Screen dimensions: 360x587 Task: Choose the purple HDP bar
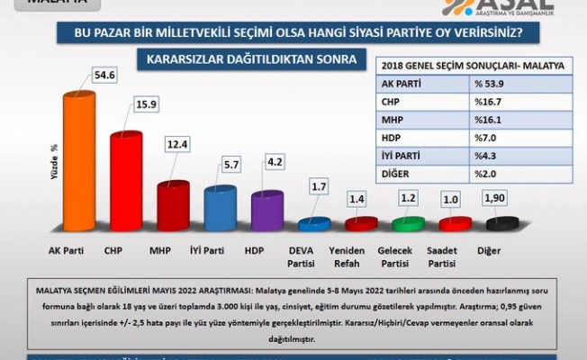coord(266,214)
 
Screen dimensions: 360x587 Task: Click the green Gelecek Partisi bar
coord(408,223)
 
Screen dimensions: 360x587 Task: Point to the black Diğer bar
coord(501,223)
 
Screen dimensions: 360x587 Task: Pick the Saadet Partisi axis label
coord(455,256)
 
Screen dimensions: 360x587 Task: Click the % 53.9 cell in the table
coord(508,84)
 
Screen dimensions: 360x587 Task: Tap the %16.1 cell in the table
coord(508,120)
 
